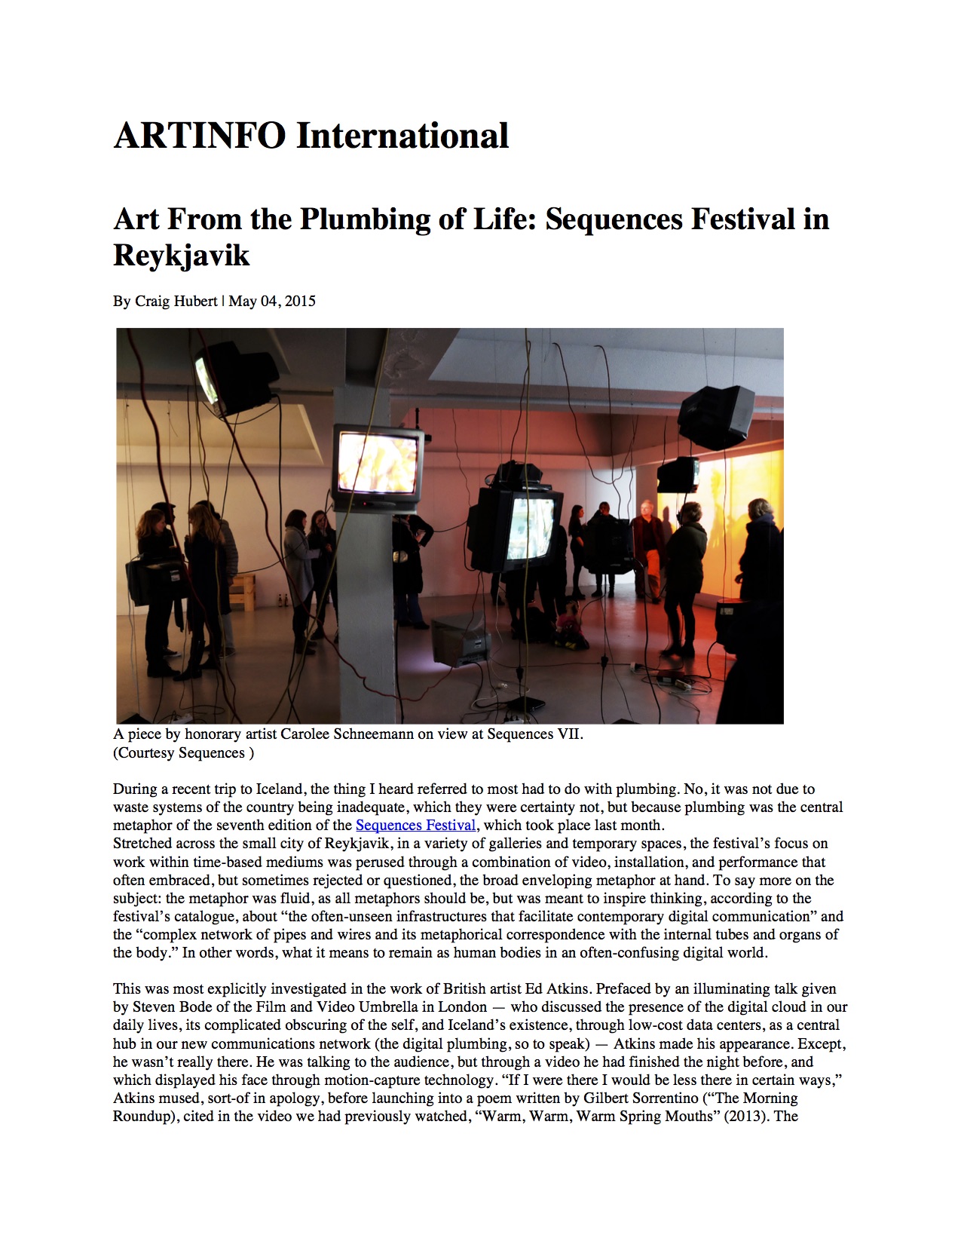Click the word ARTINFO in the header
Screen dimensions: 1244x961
coord(200,136)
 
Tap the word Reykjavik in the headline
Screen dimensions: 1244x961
coord(181,256)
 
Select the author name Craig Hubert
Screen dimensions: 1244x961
coord(176,302)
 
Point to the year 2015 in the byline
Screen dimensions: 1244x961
coord(300,302)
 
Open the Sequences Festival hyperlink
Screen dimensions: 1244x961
coord(415,826)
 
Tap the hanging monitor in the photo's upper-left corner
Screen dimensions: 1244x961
coord(234,375)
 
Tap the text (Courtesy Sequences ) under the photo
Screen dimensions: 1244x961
coord(183,753)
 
